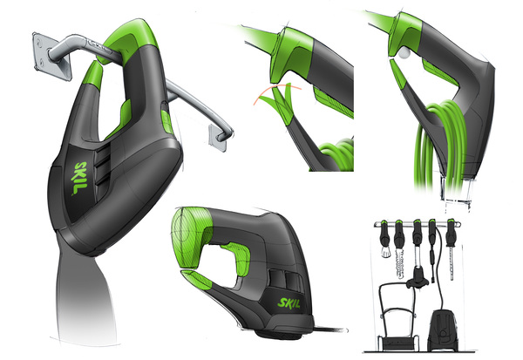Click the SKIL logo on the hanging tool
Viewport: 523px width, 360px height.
[79, 178]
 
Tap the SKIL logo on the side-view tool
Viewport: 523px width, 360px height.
[289, 303]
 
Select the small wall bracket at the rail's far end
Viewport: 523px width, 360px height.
[217, 137]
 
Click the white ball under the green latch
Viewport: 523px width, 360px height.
[404, 52]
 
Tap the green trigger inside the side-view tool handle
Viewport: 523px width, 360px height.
[239, 258]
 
